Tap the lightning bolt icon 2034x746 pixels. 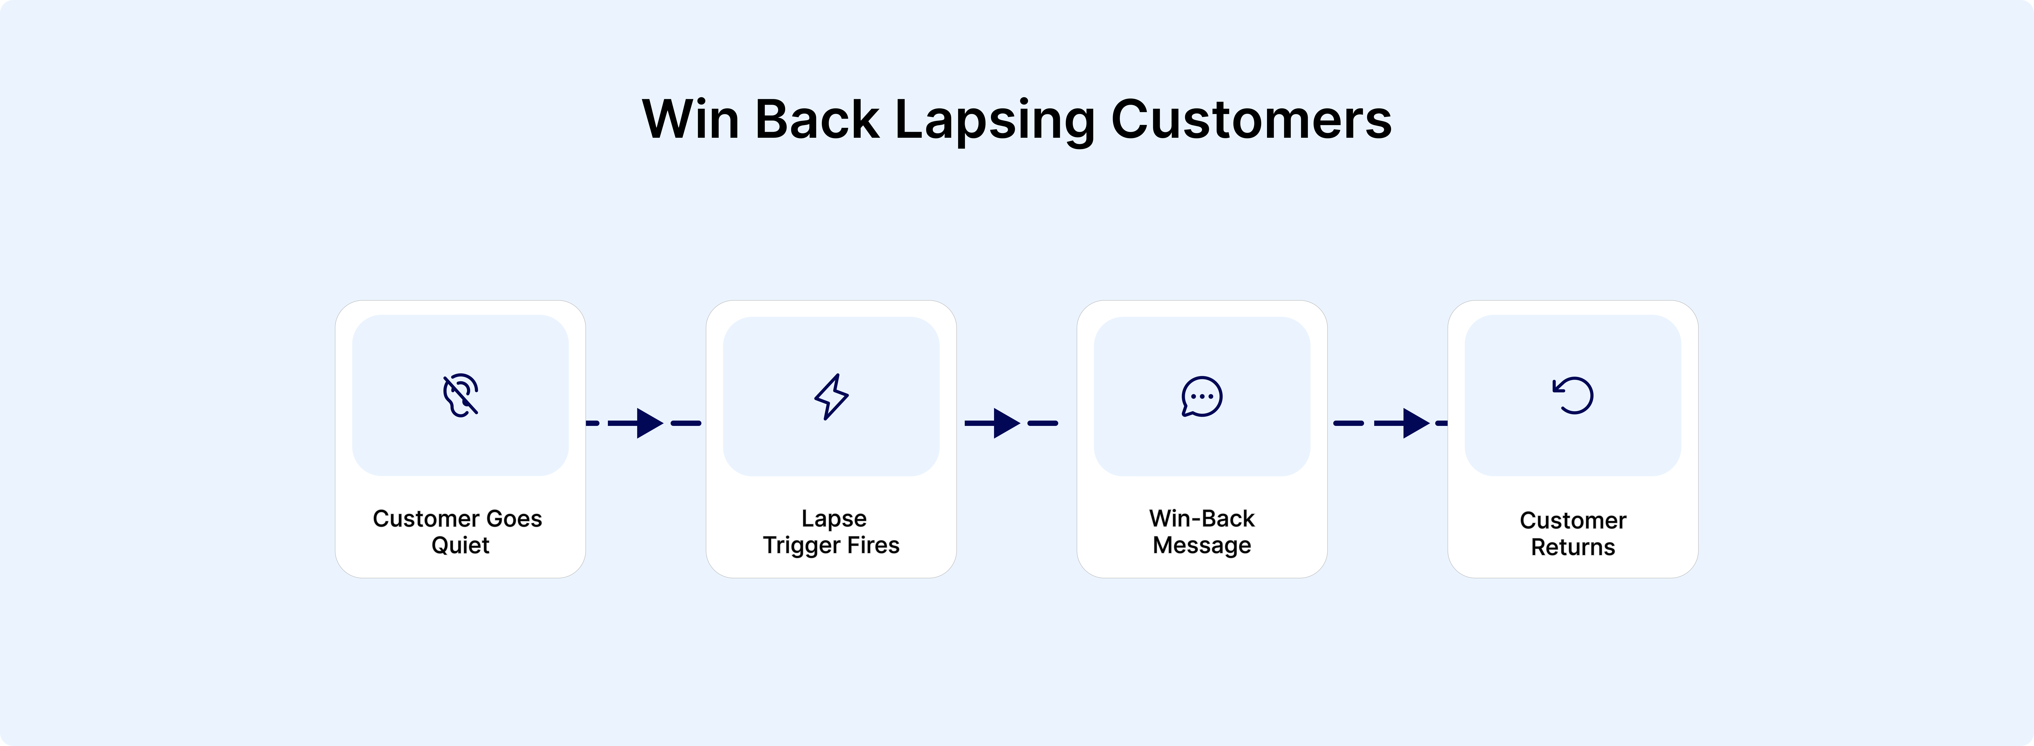point(831,396)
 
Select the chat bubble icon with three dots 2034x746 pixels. point(1202,396)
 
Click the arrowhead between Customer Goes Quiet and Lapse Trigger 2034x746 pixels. point(649,423)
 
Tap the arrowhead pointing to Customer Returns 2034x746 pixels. point(1416,423)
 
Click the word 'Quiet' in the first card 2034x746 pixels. point(460,545)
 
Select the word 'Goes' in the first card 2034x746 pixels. point(514,519)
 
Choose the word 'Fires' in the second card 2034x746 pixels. point(873,545)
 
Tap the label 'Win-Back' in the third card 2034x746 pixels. point(1202,519)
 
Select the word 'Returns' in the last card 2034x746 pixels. point(1573,547)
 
